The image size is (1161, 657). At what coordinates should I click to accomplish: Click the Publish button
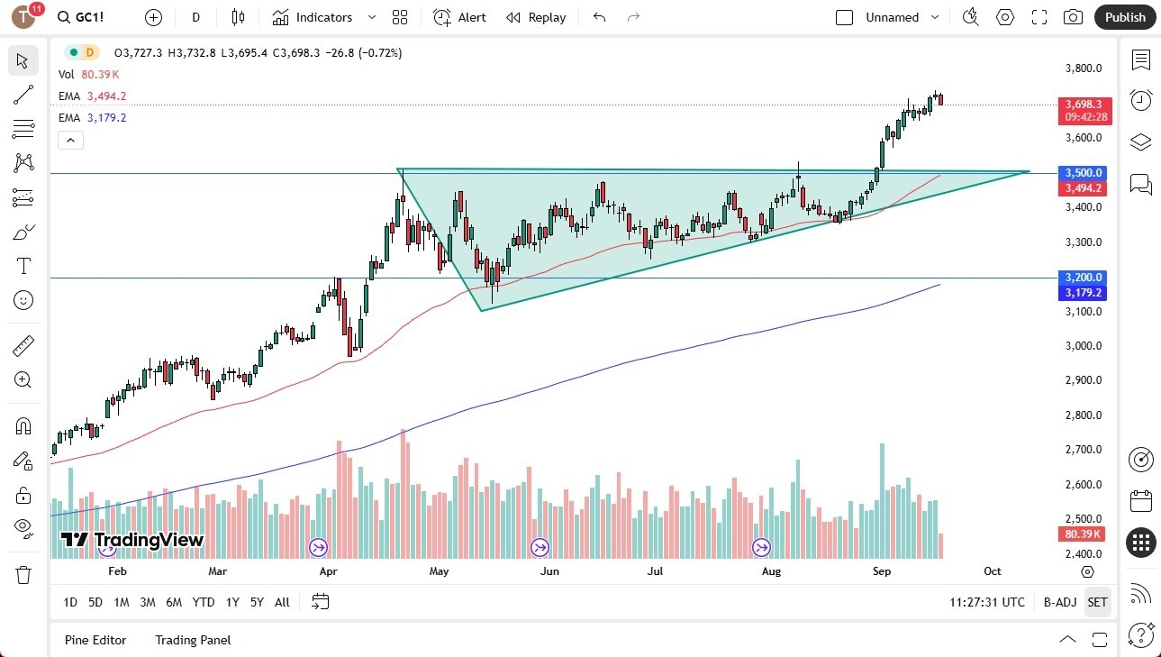1125,17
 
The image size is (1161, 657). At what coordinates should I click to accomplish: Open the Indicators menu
313,17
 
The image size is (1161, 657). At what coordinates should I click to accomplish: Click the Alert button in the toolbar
459,17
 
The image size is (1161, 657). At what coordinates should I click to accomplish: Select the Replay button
536,17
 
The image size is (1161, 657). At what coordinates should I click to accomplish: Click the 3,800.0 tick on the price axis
1084,68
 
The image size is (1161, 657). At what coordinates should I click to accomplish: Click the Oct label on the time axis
992,571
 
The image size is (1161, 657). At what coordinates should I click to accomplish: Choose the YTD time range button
204,602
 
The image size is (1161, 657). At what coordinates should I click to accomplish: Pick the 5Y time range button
257,602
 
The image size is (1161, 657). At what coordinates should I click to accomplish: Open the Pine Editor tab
95,640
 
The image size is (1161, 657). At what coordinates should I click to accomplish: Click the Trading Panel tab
193,640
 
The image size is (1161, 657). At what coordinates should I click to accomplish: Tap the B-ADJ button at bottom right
1060,602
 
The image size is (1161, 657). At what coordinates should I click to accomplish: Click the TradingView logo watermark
132,541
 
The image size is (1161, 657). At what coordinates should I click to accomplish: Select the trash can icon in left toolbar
23,574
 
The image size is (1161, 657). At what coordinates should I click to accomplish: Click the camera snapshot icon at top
1073,17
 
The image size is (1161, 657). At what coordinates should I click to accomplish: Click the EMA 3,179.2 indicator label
93,118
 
